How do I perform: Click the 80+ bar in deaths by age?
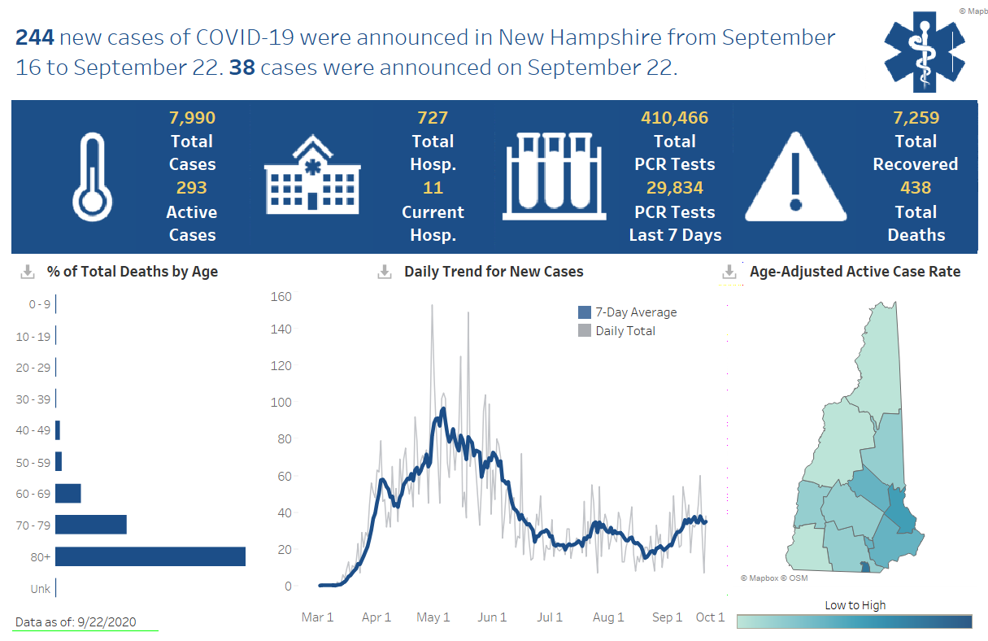tap(150, 556)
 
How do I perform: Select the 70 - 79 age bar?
tap(91, 525)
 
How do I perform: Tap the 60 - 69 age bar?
tap(68, 494)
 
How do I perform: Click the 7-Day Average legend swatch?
tap(585, 312)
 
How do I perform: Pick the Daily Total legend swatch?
tap(585, 331)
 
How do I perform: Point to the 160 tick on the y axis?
tap(281, 296)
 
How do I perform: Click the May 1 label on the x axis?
tap(433, 617)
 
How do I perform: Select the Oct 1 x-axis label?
tap(710, 617)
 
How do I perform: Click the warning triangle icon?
tap(795, 177)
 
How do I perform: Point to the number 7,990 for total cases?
tap(192, 118)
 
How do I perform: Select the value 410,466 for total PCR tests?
tap(674, 118)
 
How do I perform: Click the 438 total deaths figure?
tap(916, 188)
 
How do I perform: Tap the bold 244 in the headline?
tap(35, 37)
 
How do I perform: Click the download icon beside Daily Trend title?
tap(385, 272)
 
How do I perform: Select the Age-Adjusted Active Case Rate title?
tap(855, 272)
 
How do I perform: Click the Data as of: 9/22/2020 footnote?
tap(76, 622)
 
